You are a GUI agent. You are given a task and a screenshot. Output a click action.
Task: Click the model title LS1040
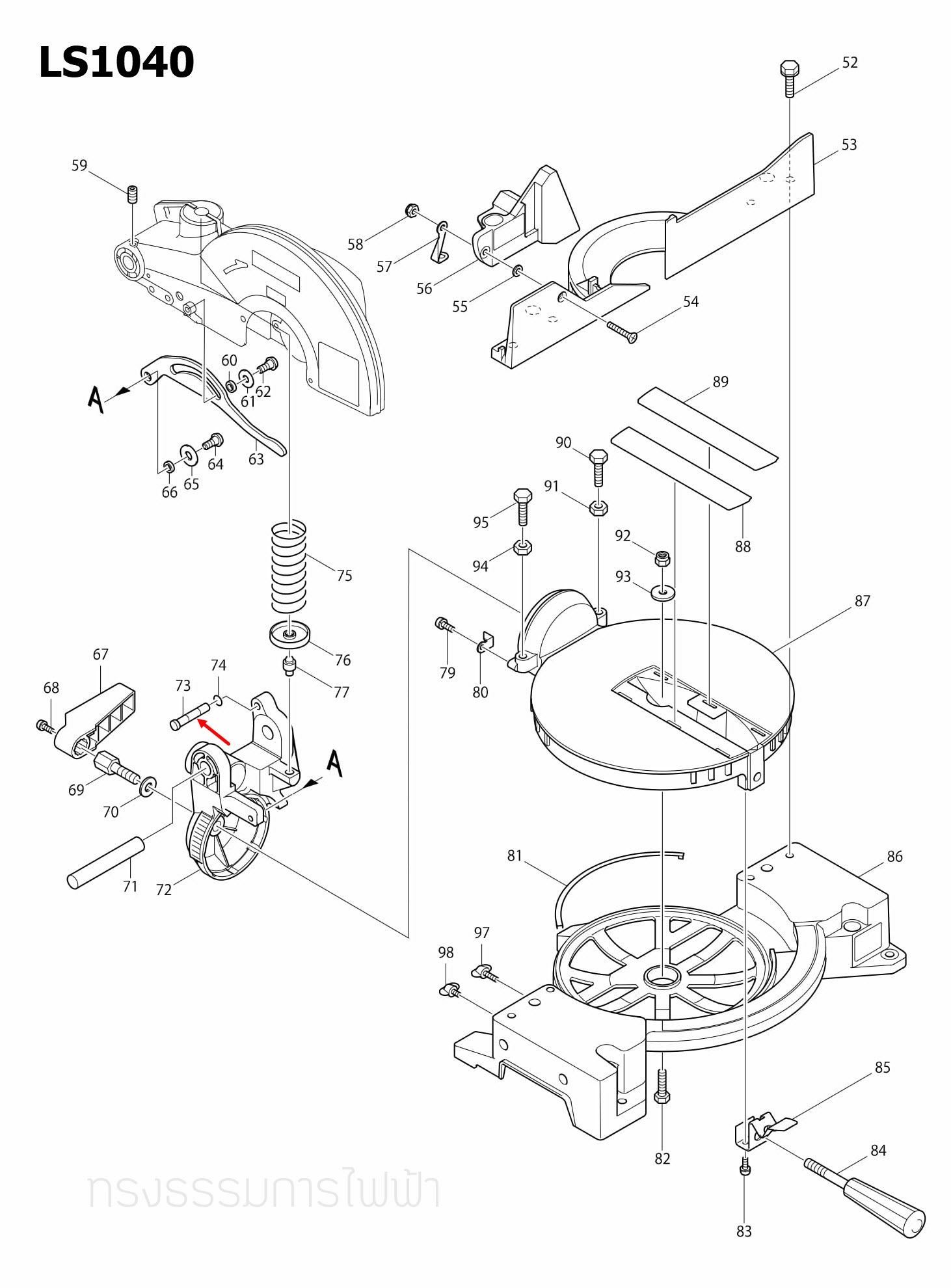click(116, 62)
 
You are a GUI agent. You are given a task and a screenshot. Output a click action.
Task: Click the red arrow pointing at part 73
click(214, 732)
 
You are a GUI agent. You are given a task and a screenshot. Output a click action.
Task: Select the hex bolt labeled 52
click(789, 77)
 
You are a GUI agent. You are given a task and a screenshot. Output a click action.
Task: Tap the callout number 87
click(862, 601)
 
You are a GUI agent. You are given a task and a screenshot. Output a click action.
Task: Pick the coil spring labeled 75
click(288, 567)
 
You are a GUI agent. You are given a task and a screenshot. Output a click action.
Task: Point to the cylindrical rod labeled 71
click(105, 862)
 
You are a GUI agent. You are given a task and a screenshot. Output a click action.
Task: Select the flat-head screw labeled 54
click(622, 331)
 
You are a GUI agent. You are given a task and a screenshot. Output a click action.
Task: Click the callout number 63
click(256, 460)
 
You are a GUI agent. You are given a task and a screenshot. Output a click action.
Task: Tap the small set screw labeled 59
click(132, 194)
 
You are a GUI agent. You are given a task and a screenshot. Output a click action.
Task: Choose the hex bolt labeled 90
click(598, 466)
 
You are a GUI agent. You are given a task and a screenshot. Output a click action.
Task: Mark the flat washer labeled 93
click(662, 593)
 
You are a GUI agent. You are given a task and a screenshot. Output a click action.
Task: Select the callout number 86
click(894, 857)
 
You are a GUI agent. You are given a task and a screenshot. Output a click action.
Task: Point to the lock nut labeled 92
click(662, 558)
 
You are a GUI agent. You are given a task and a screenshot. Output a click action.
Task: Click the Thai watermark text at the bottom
click(263, 1190)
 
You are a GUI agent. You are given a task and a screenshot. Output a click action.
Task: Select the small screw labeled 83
click(745, 1166)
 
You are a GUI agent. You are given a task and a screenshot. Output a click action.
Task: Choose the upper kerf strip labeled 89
click(707, 428)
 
